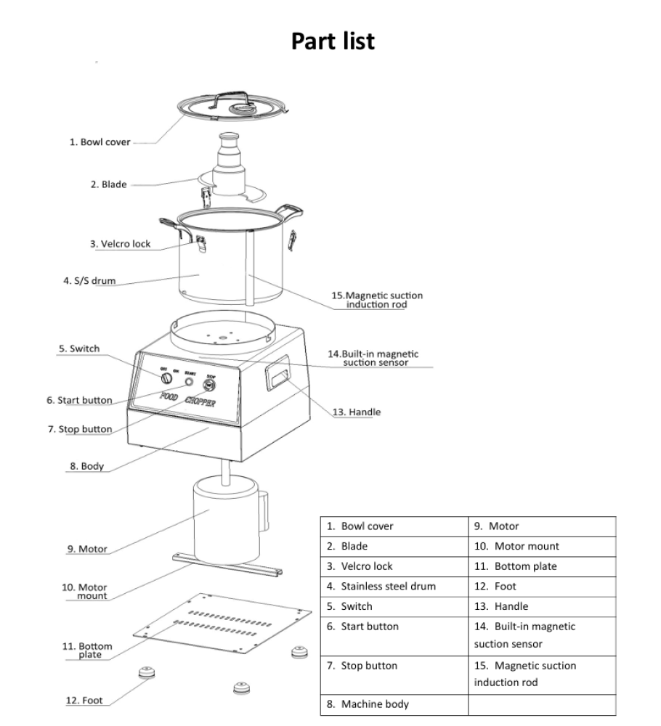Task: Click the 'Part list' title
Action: point(333,41)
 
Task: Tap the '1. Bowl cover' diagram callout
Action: point(100,142)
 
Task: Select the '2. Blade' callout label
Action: point(108,184)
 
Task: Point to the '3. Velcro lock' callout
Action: point(121,244)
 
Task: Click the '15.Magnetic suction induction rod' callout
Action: point(376,301)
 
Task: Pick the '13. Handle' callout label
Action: point(356,412)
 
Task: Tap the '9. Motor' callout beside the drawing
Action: point(87,550)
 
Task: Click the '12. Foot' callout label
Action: point(84,701)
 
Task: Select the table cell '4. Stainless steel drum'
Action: point(381,587)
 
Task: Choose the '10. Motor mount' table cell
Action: point(516,546)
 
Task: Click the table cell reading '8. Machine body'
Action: point(368,704)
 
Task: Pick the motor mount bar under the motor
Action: point(225,564)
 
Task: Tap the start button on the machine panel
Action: point(190,382)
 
